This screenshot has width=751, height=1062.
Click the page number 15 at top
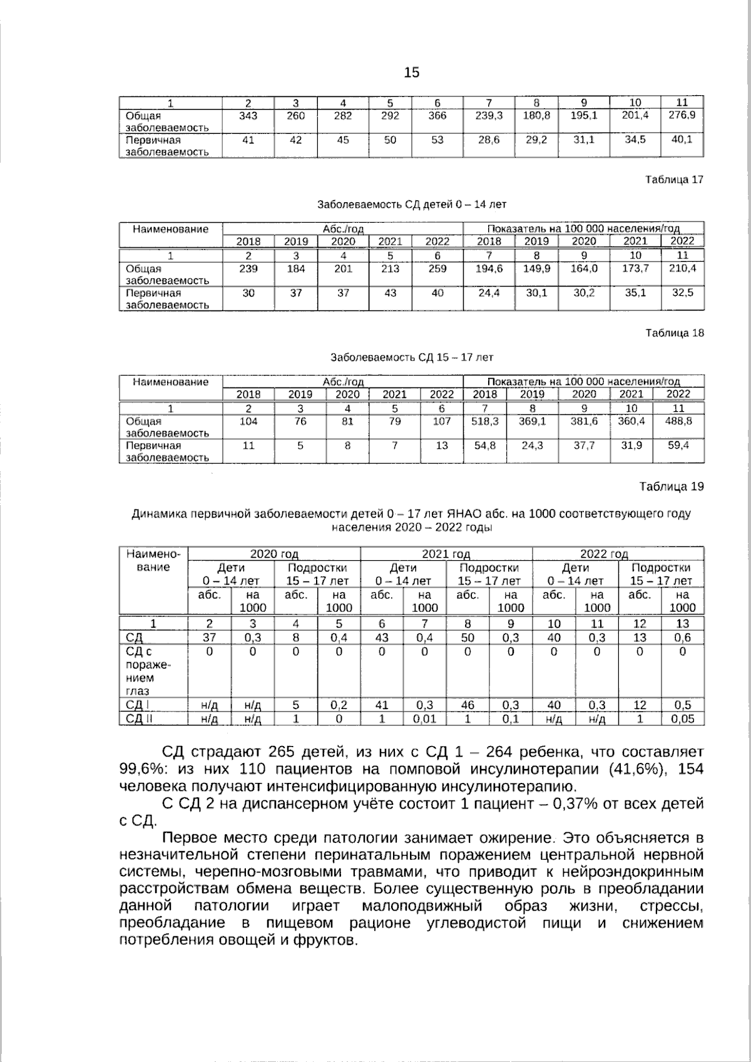coord(412,73)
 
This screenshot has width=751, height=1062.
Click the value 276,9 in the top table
coord(683,115)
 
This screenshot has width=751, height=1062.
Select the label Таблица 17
coord(674,180)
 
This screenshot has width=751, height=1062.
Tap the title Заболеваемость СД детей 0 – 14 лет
coord(412,205)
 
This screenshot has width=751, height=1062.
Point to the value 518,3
coord(485,421)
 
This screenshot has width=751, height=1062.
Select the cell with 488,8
coord(678,421)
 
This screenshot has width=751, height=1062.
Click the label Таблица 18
coord(674,333)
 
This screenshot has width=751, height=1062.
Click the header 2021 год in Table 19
coord(446,554)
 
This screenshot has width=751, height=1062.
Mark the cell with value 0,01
coord(424,719)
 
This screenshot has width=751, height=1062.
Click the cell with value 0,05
coord(682,719)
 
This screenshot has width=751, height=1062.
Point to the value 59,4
coord(678,446)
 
